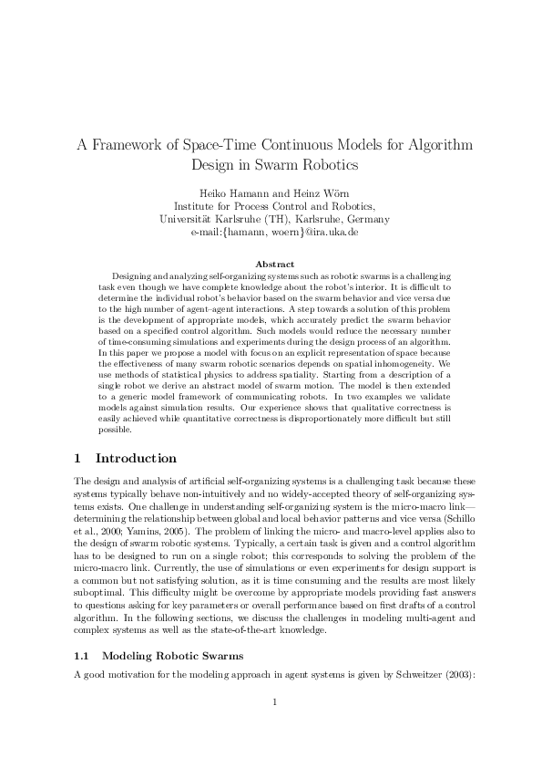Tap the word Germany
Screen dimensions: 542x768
pos(366,219)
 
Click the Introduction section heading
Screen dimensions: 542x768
pos(136,459)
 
